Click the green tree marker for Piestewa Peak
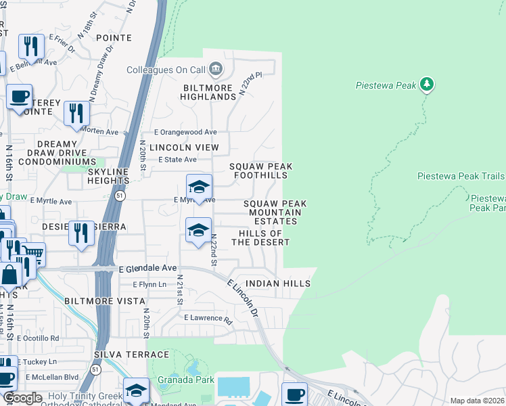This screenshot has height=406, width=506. tap(426, 85)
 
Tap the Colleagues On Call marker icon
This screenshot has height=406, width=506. tap(216, 69)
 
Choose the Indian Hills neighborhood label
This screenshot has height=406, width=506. tap(278, 284)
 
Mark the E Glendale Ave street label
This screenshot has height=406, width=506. tap(147, 269)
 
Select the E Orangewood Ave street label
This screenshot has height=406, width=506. tap(185, 132)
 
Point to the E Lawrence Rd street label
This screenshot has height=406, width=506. tap(208, 317)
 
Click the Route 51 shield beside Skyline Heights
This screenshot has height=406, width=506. tap(118, 196)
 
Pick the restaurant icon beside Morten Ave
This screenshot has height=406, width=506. tap(76, 112)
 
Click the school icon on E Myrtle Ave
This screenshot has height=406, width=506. tap(199, 187)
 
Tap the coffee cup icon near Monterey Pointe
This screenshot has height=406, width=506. tap(19, 96)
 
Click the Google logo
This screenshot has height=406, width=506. tap(22, 398)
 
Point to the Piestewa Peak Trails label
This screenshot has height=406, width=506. tap(460, 176)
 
